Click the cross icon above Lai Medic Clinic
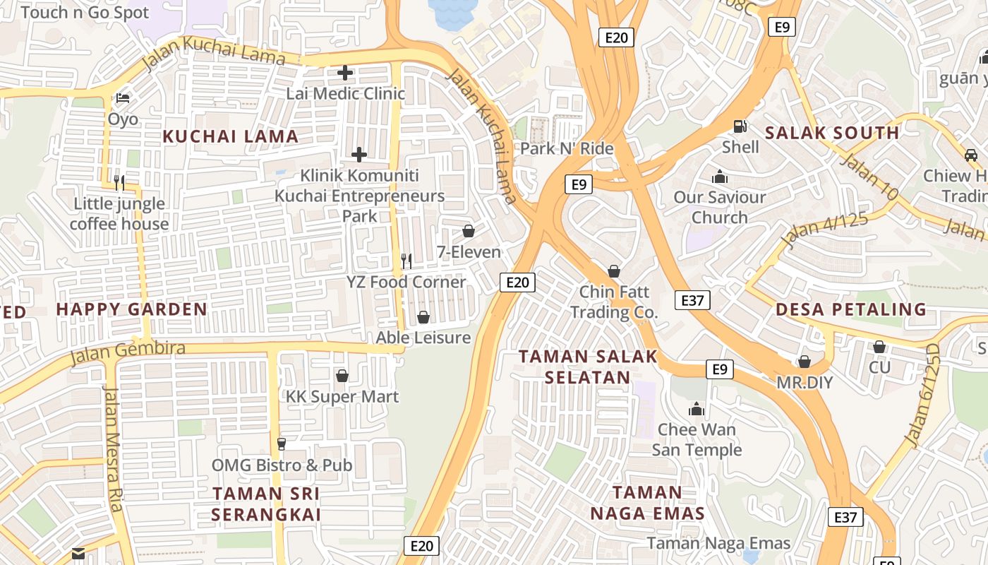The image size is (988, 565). (345, 72)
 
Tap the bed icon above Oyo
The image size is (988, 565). (123, 97)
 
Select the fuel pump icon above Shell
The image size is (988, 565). (740, 126)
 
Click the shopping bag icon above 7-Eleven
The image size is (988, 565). (468, 231)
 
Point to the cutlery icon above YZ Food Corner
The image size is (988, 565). (406, 261)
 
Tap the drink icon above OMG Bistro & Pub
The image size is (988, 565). (282, 444)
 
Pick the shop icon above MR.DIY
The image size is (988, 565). (805, 362)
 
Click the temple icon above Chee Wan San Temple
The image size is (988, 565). (697, 408)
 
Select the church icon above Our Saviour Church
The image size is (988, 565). (720, 176)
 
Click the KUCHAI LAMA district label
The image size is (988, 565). (231, 136)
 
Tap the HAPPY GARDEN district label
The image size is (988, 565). (131, 309)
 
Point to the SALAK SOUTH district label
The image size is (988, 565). (832, 133)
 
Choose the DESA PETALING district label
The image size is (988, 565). (851, 309)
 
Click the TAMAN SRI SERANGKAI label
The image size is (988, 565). (266, 504)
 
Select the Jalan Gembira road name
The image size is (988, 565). (127, 352)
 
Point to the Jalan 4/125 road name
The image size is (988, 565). (824, 231)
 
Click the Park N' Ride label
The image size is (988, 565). (567, 148)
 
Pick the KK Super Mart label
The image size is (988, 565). (342, 396)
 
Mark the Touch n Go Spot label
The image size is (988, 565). (85, 13)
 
